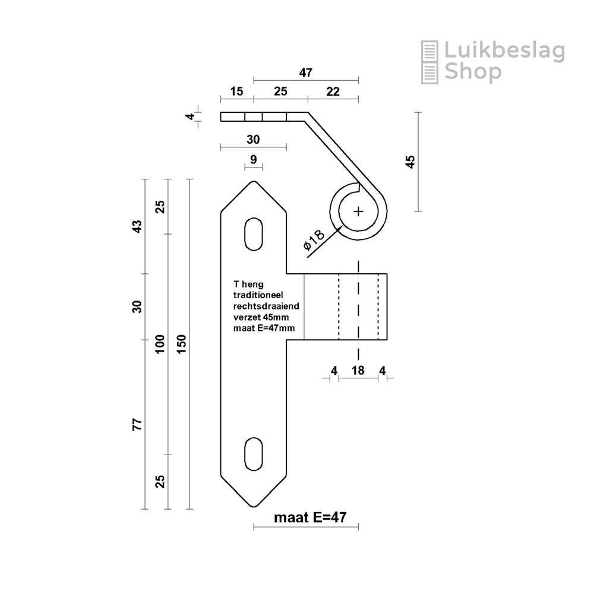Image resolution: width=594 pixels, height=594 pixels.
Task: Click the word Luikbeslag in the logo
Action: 504,52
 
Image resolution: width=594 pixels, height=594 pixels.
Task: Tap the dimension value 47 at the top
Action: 305,73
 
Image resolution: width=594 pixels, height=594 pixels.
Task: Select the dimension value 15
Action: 236,91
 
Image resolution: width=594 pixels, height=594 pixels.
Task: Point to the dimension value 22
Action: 333,91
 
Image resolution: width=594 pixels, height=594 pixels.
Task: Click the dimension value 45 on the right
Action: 410,162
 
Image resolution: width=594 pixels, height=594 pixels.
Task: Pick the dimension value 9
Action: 254,159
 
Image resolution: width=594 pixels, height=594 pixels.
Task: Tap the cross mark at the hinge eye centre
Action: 358,211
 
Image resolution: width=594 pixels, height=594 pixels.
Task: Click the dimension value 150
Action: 181,345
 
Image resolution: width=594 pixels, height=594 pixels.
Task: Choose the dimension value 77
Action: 137,424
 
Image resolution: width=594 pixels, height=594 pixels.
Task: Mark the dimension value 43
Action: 137,226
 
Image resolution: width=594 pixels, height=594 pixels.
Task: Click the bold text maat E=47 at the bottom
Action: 309,517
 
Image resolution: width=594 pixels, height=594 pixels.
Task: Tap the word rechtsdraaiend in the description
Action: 266,306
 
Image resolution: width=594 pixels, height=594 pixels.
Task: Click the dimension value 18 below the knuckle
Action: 358,371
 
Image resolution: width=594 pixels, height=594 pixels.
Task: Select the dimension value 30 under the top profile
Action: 253,140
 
